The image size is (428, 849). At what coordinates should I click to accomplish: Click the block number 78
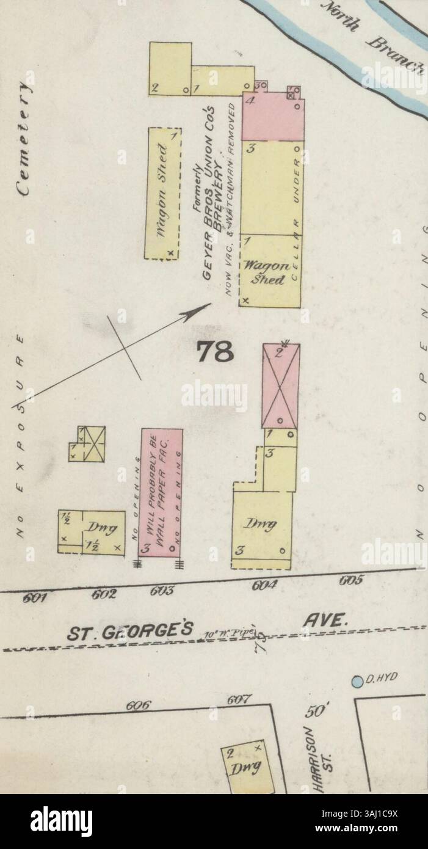pyautogui.click(x=216, y=352)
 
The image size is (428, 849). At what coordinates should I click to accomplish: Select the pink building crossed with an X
pyautogui.click(x=280, y=386)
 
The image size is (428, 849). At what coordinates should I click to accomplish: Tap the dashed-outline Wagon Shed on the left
pyautogui.click(x=162, y=193)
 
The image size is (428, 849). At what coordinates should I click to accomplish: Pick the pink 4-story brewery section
pyautogui.click(x=273, y=117)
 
